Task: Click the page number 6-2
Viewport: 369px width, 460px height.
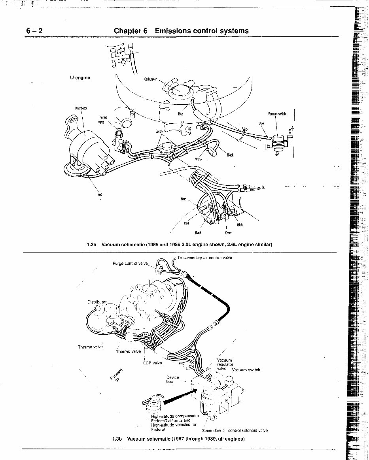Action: point(34,31)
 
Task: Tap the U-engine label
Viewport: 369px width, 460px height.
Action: point(80,77)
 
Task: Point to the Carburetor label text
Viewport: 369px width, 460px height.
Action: point(150,79)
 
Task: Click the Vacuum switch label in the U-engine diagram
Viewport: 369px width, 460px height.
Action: point(276,114)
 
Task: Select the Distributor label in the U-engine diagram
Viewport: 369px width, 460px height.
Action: point(81,108)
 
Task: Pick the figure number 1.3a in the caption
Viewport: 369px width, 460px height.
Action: point(91,245)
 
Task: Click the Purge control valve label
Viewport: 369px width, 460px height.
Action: point(130,263)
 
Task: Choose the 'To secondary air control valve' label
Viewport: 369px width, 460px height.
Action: point(204,258)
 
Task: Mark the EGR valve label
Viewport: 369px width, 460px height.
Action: point(152,363)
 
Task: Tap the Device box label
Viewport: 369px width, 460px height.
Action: point(173,379)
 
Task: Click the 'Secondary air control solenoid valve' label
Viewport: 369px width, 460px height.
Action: point(235,431)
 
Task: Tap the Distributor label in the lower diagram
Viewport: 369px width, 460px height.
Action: point(97,302)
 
